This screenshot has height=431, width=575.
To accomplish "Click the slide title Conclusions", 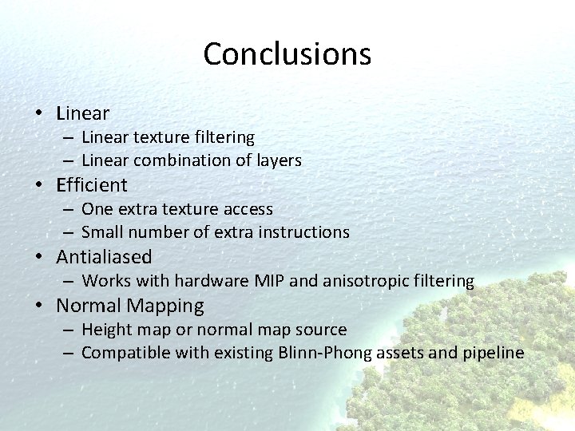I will pyautogui.click(x=287, y=54).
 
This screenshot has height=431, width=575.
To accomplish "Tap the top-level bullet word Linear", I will pyautogui.click(x=82, y=113).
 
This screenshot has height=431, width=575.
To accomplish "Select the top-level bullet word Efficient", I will pyautogui.click(x=92, y=185).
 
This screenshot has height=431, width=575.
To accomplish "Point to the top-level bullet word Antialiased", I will pyautogui.click(x=104, y=257).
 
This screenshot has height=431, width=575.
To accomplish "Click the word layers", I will pyautogui.click(x=279, y=160).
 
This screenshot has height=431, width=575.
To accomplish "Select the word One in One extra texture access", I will pyautogui.click(x=98, y=209).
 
